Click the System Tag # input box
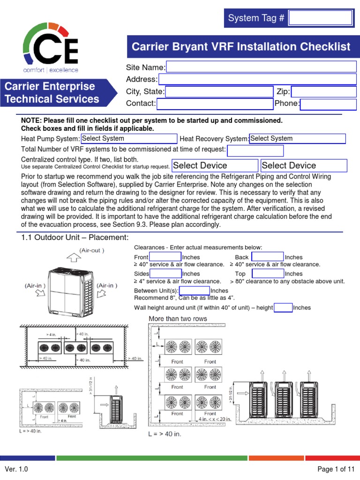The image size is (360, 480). (320, 18)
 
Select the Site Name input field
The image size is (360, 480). (261, 67)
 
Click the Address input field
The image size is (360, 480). (257, 79)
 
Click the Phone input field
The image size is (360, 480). (322, 104)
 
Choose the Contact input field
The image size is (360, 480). (215, 104)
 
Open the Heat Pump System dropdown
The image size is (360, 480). (129, 139)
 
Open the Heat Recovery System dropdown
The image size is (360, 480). (297, 139)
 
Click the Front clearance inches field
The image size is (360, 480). (165, 257)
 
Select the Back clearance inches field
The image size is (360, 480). (268, 257)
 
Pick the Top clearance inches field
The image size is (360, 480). (268, 273)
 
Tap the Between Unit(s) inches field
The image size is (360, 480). (191, 291)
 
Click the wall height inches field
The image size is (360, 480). (283, 307)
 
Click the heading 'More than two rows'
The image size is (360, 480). (178, 319)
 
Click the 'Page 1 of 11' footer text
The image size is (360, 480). (336, 469)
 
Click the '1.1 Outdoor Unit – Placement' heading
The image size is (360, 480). (75, 237)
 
